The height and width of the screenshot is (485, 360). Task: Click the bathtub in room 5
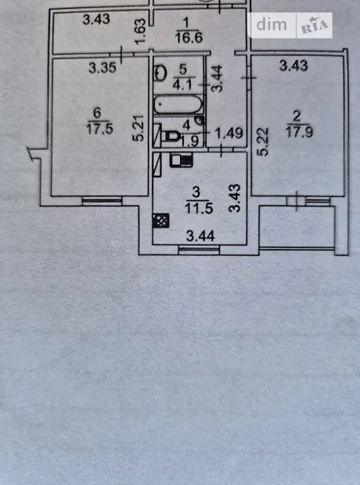click(178, 105)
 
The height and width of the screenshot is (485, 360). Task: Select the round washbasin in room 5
click(160, 74)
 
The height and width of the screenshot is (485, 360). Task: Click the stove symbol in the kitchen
click(160, 221)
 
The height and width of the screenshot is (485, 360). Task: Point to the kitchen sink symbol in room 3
click(182, 160)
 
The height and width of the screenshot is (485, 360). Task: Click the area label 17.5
click(99, 128)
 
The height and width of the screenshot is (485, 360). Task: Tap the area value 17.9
click(299, 132)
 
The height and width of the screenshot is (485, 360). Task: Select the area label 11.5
click(199, 208)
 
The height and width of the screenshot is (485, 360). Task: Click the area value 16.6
click(189, 38)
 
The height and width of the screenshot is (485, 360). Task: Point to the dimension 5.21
click(139, 128)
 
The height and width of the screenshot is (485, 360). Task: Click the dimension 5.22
click(263, 142)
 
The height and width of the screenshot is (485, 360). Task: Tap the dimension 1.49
click(229, 133)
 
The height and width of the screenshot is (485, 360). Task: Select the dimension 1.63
click(141, 31)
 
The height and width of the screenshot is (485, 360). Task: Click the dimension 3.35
click(103, 68)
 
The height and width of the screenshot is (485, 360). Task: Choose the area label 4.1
click(184, 84)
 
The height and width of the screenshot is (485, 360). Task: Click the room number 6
click(98, 113)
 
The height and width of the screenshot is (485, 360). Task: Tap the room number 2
click(297, 117)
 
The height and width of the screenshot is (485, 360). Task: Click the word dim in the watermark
click(272, 25)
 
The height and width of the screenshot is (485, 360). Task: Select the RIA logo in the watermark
click(315, 26)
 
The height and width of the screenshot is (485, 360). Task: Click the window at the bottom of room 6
click(103, 201)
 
